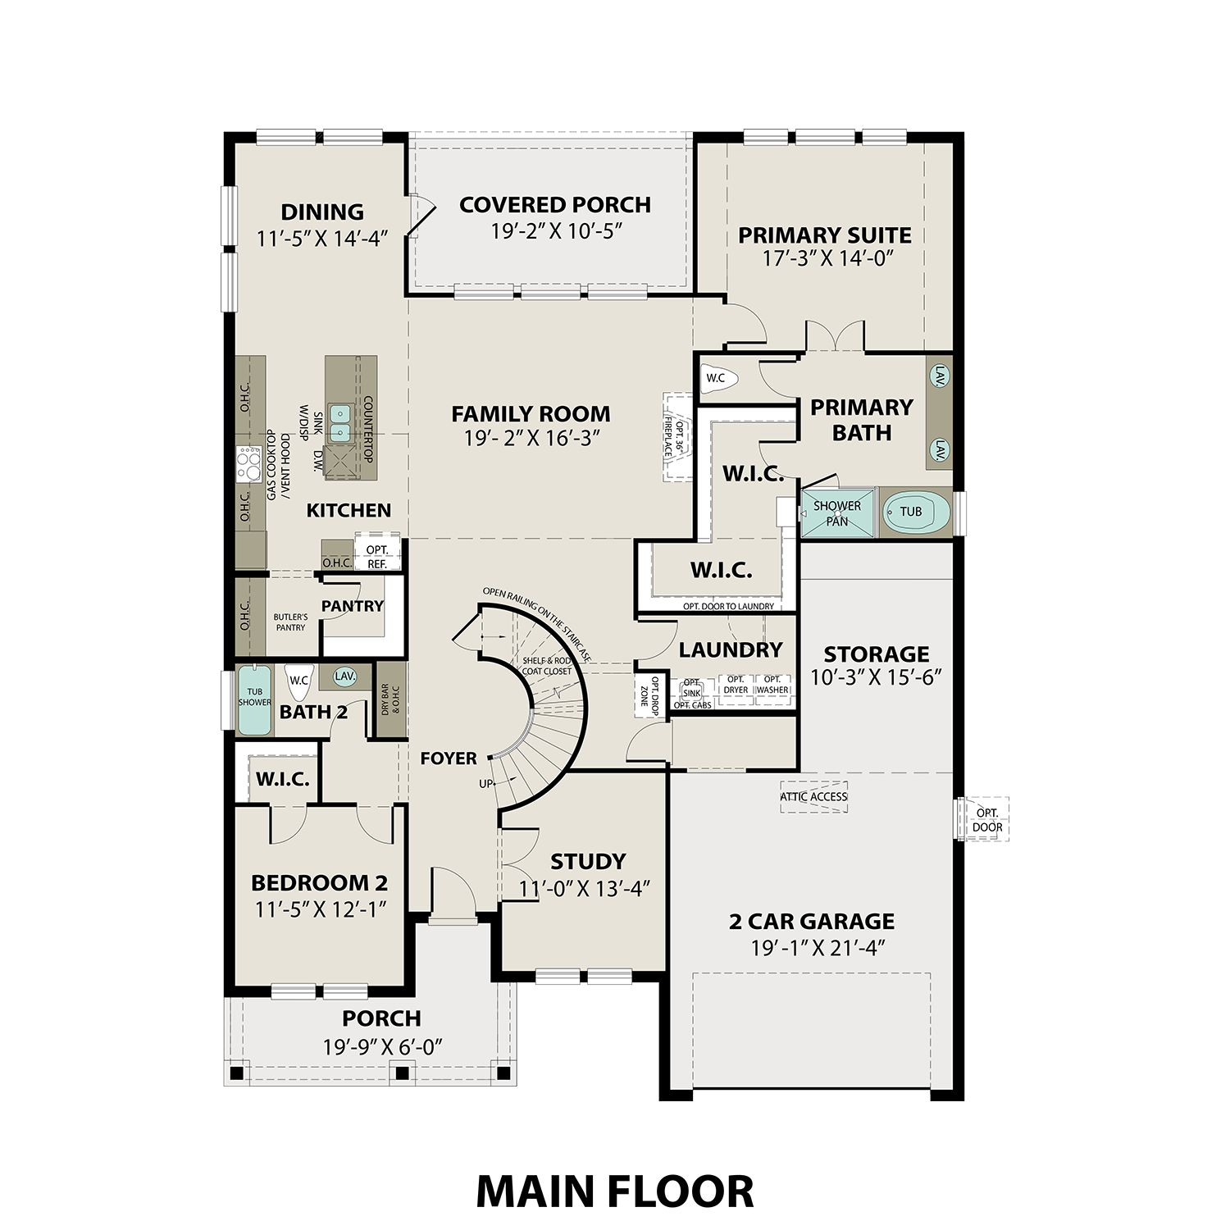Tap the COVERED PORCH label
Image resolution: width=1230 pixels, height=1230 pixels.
pos(555,205)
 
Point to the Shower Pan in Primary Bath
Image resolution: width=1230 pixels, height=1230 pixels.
pos(837,513)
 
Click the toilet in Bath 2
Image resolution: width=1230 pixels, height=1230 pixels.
pos(297,679)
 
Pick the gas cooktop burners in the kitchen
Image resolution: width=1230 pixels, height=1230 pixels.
pos(246,463)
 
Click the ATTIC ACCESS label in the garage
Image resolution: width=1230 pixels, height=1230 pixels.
pos(813,797)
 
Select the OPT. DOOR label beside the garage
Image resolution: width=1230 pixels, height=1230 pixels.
pos(987,819)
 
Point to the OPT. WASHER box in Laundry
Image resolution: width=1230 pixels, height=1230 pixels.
pos(772,685)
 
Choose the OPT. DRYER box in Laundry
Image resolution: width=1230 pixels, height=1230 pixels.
pos(736,685)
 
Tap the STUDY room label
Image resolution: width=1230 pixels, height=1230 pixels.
pos(588,861)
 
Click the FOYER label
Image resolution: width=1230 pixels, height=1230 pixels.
pos(449,758)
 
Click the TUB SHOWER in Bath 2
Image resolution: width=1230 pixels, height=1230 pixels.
pos(254,699)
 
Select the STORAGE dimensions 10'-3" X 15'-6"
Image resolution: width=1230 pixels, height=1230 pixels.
pos(876,677)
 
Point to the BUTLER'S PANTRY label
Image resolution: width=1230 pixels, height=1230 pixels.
pos(290,622)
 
